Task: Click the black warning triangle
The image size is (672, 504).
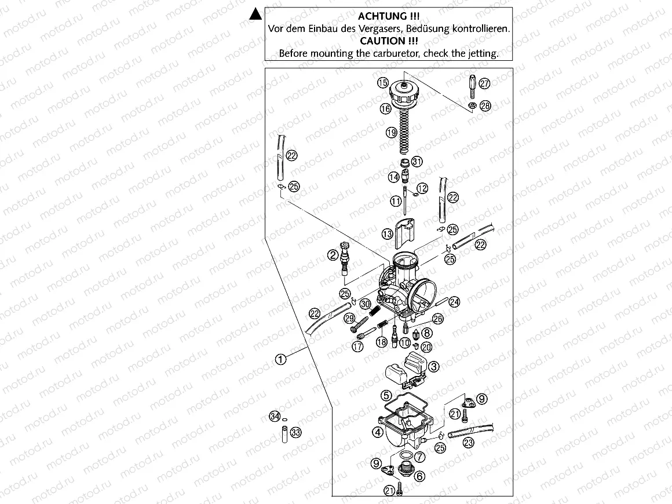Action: coord(254,15)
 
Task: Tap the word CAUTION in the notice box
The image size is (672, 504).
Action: coord(388,41)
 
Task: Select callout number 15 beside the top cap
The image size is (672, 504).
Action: coord(383,83)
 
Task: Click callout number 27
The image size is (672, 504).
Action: coord(484,83)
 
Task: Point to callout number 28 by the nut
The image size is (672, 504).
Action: coord(485,105)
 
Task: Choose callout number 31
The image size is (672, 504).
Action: coord(417,162)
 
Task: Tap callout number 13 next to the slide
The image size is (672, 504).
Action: coord(388,234)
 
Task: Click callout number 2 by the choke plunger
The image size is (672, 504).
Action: coord(333,255)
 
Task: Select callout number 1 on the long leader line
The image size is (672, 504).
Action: coord(280,359)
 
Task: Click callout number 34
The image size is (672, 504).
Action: coord(275,417)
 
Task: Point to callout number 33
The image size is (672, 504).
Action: coord(295,432)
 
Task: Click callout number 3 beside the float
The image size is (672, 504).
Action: coord(434,366)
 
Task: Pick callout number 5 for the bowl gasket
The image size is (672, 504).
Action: coord(386,396)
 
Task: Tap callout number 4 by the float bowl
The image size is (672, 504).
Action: coord(377,432)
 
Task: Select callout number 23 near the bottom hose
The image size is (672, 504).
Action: coord(468,443)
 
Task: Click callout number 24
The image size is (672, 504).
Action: coord(454,301)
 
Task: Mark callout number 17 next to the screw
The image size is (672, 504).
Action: coord(357,347)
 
